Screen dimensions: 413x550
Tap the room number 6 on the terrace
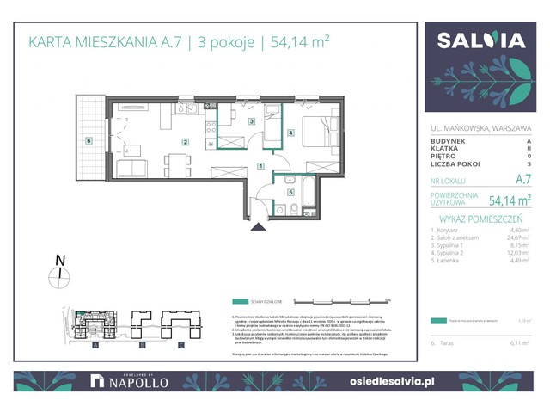coord(88,140)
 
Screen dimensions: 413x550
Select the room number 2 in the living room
coord(184,141)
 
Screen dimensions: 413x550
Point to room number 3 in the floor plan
coord(252,122)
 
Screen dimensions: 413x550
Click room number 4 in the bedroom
coord(291,133)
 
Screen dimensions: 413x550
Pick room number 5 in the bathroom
coord(290,192)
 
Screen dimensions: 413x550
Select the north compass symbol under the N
coord(58,275)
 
